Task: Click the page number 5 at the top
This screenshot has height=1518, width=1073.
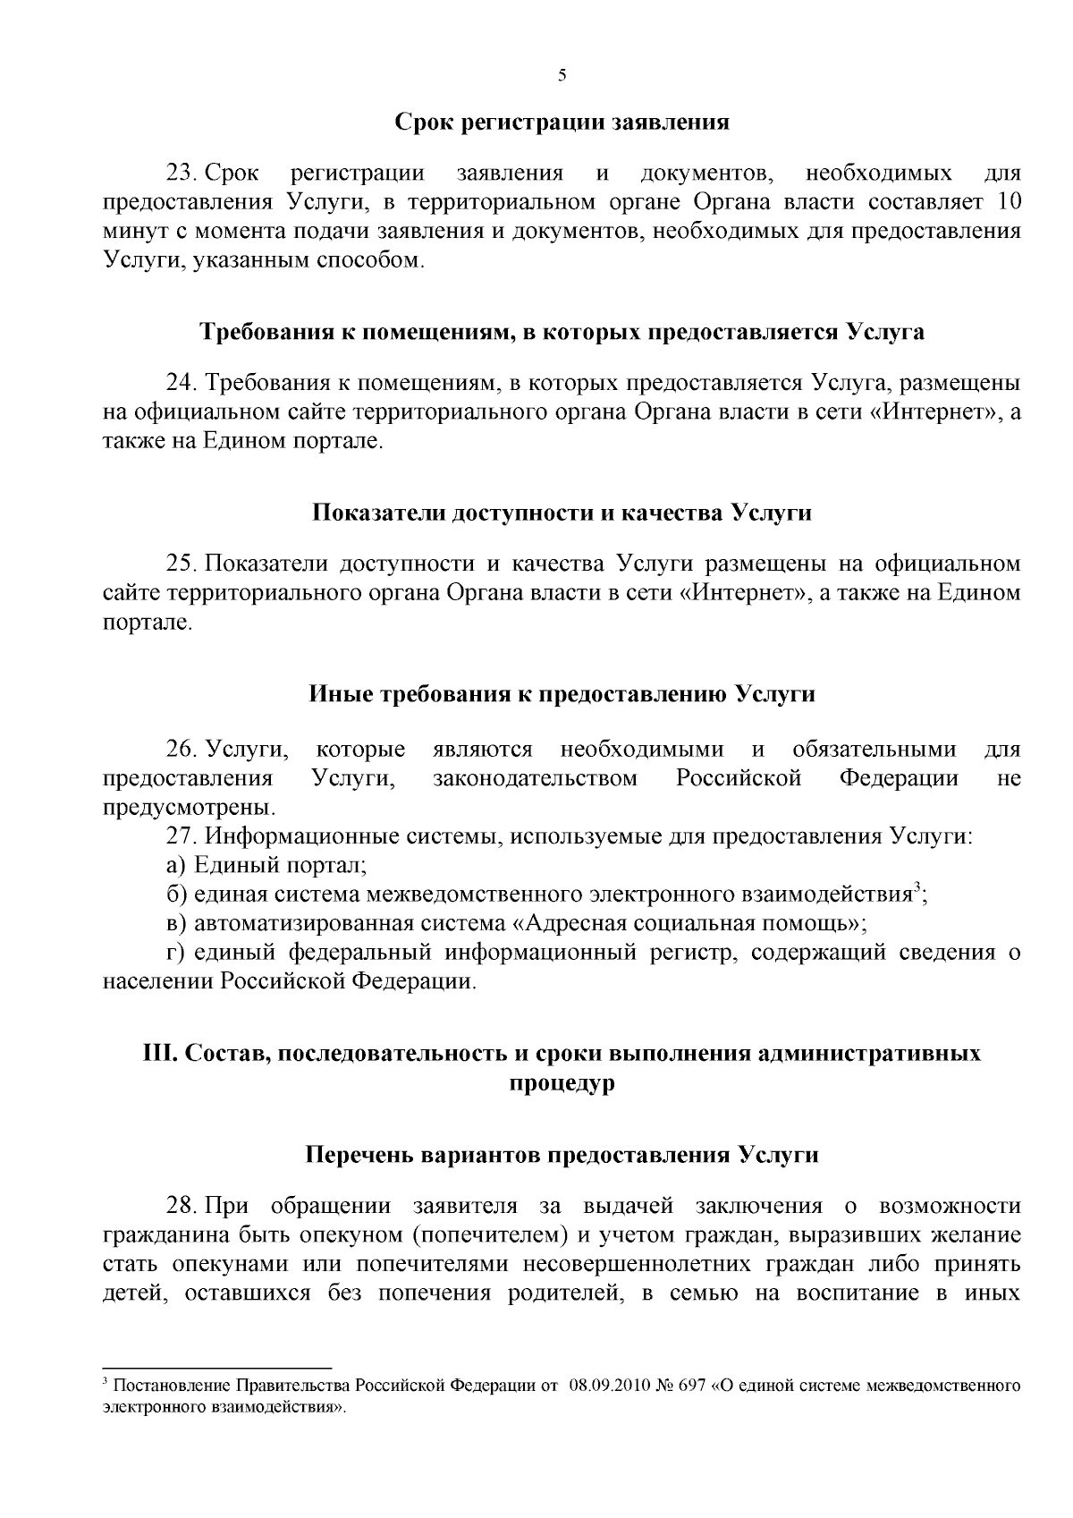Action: click(562, 75)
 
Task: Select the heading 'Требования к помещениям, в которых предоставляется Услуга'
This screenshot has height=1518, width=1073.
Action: click(561, 332)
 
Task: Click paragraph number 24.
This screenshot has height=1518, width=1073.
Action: click(182, 383)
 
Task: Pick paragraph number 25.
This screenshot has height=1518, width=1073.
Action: click(182, 564)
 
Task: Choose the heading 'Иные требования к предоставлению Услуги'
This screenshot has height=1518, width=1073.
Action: click(562, 694)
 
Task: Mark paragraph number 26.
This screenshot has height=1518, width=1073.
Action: click(182, 749)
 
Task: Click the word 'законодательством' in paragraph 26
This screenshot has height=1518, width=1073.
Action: click(536, 778)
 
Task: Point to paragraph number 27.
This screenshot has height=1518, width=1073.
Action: click(182, 836)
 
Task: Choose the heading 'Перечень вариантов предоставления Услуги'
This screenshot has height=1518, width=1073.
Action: click(562, 1155)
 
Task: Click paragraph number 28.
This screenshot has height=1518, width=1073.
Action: click(182, 1206)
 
